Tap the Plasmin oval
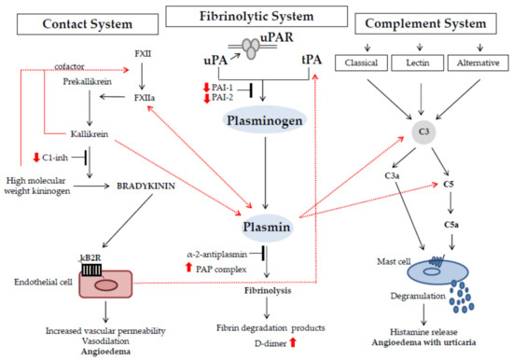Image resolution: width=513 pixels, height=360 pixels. [x=269, y=226]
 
